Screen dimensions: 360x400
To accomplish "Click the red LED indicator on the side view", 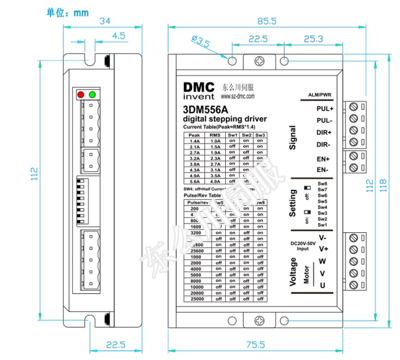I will pos(81,95).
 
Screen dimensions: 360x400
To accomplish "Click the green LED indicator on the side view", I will pos(92,95).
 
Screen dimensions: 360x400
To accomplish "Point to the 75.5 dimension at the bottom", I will pos(254,345).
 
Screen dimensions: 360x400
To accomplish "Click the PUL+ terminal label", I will pos(325,108).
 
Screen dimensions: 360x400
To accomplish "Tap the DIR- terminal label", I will pos(325,144).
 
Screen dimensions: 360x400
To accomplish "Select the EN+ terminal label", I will pos(324,159).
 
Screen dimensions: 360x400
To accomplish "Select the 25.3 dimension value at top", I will pos(313,39).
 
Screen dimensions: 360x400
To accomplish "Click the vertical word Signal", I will pos(293,138).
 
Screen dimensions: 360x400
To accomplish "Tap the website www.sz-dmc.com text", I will pos(238,96).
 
